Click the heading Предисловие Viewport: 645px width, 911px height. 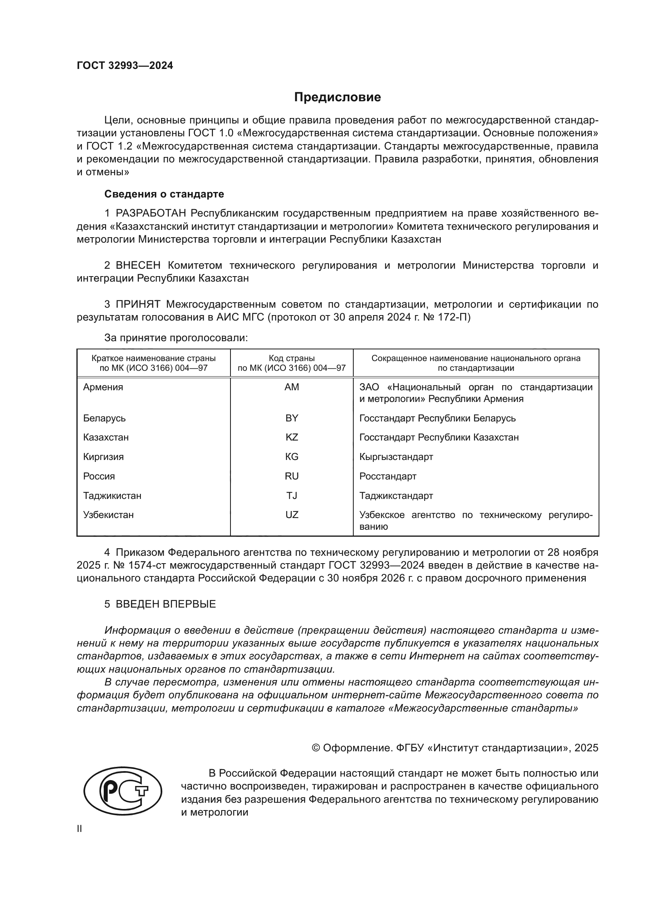[337, 97]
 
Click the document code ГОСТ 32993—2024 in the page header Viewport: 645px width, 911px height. [125, 66]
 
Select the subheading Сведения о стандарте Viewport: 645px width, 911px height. [164, 194]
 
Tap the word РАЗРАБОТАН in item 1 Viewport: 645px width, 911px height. [151, 213]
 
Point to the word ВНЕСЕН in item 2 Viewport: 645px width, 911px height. [138, 266]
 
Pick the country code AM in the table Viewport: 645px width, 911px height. [292, 387]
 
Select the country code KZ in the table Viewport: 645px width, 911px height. [292, 437]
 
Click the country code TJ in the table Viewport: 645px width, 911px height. [292, 495]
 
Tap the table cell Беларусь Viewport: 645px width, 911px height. [104, 418]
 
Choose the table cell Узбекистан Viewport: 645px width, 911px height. [108, 515]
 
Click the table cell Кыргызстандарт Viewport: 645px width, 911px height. [396, 457]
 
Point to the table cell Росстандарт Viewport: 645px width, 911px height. [388, 476]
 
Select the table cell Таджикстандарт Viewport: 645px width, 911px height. [396, 495]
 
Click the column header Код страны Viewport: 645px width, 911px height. [292, 358]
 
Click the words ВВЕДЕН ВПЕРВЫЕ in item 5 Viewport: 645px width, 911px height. [166, 604]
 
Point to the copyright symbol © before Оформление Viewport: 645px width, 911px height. [316, 748]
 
